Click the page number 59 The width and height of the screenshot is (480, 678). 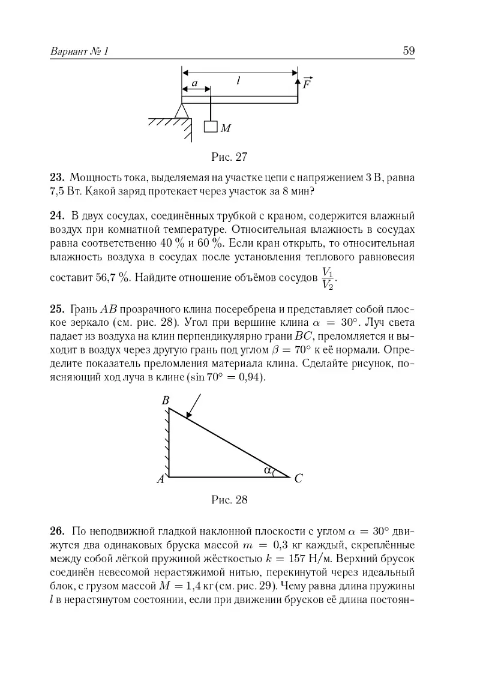coord(409,51)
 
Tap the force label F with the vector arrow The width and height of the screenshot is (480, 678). coord(307,83)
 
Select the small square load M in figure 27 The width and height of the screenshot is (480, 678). coord(210,127)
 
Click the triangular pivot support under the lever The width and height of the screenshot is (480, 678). coord(182,110)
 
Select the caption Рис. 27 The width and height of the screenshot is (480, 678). coord(230,157)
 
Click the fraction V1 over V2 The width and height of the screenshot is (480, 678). coord(328,278)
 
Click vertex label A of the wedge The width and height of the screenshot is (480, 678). coord(160,479)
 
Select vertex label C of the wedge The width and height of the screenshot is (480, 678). coord(298,479)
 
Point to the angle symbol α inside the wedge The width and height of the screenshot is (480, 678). coord(267,470)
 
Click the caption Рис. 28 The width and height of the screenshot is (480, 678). coord(230,500)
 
